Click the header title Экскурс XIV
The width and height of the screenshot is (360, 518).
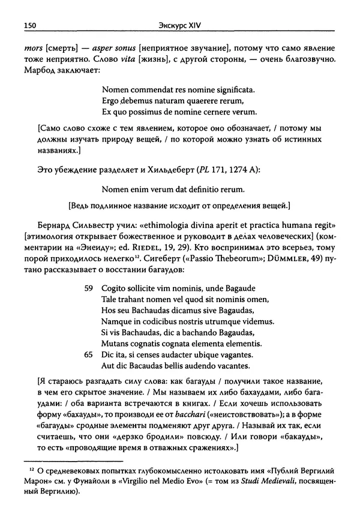click(x=179, y=25)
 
